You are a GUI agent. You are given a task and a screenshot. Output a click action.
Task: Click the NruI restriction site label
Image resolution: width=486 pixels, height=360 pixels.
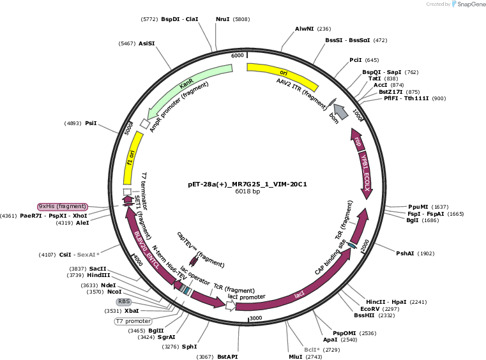[x=222, y=19]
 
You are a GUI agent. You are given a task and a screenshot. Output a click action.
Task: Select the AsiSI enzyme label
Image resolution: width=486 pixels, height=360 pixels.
[x=147, y=43]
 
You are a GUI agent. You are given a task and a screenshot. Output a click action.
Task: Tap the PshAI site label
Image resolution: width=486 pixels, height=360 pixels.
[x=405, y=253]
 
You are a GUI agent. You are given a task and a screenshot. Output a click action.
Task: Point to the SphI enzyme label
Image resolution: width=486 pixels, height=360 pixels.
[x=190, y=347]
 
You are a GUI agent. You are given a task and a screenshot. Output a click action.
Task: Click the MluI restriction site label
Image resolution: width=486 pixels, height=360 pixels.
[x=296, y=357]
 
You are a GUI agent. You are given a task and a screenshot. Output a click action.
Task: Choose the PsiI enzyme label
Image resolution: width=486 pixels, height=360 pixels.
[x=91, y=123]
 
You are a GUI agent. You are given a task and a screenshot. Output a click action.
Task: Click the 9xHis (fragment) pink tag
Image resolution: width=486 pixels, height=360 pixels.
[x=63, y=206]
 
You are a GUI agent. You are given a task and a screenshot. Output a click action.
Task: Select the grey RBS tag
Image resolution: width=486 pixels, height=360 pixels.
[x=124, y=301]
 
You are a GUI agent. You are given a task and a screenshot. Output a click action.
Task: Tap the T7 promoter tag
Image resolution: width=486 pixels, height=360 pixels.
[x=133, y=321]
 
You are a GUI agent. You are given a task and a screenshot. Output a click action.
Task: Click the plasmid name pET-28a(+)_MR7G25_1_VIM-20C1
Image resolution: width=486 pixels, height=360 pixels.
[x=247, y=184]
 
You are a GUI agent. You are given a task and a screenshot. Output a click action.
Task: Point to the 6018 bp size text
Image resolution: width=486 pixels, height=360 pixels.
[x=247, y=191]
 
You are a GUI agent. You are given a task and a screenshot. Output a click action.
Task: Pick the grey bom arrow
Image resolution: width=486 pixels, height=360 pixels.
[x=340, y=112]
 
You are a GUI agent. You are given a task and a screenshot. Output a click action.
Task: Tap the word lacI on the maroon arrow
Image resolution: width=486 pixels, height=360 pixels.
[x=299, y=295]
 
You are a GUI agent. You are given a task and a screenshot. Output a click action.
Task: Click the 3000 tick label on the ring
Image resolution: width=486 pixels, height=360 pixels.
[x=256, y=318]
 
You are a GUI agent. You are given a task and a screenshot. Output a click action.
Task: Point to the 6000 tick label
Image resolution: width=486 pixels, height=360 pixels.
[x=238, y=56]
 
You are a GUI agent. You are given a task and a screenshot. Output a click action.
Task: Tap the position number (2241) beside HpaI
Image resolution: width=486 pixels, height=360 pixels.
[x=418, y=302]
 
